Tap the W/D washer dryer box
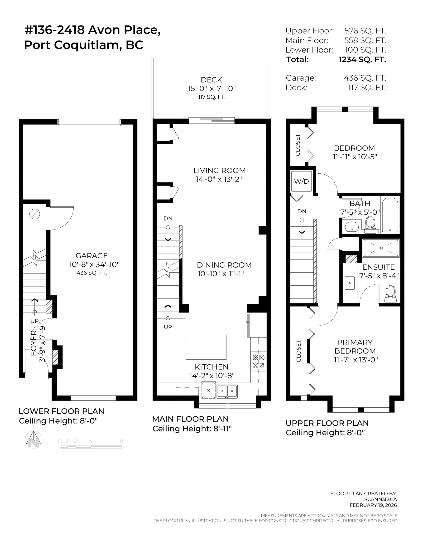click(x=301, y=181)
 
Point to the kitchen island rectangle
click(x=206, y=347)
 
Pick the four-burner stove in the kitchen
click(x=259, y=361)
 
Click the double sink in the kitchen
click(x=227, y=391)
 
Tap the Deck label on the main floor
click(x=211, y=80)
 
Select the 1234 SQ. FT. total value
click(x=362, y=59)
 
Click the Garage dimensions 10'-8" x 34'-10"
click(x=94, y=264)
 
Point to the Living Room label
click(x=219, y=171)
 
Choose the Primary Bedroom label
click(x=355, y=347)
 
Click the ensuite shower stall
click(x=381, y=248)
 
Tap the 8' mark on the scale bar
click(x=122, y=441)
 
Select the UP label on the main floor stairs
click(x=168, y=327)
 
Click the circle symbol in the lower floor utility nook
click(x=35, y=214)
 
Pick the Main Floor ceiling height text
click(x=192, y=429)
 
